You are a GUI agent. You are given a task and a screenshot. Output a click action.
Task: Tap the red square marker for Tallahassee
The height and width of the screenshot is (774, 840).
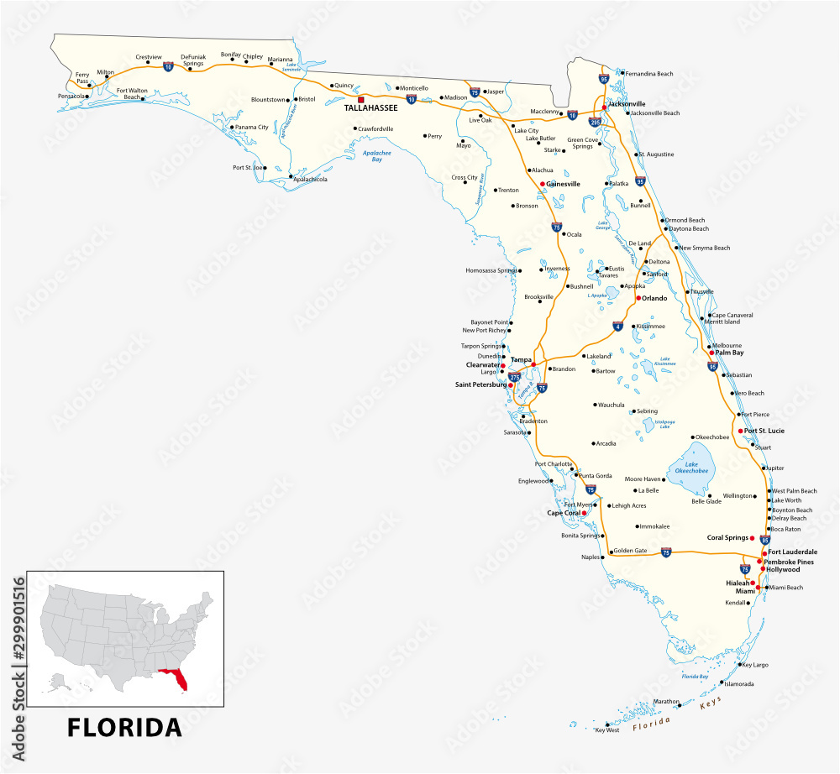pos(361,99)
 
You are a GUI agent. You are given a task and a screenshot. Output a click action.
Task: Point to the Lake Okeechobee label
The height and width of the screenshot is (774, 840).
pos(691,468)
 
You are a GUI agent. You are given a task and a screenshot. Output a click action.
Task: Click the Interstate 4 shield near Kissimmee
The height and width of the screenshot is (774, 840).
pos(617,327)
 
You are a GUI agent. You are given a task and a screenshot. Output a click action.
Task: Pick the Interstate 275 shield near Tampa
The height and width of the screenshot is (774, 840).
pos(514,378)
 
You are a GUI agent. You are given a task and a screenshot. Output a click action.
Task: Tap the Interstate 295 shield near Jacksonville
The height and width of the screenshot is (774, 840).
pos(594,122)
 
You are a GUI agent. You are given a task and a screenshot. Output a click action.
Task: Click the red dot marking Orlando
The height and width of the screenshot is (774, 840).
pos(638,298)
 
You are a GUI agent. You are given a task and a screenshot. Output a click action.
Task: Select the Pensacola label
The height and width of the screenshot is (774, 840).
pos(70,97)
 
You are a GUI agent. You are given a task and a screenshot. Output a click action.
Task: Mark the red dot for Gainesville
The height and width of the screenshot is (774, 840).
pos(543,183)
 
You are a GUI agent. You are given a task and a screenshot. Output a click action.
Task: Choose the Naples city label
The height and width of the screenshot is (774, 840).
pos(591,557)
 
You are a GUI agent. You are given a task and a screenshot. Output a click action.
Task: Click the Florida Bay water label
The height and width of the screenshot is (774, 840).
pos(696,677)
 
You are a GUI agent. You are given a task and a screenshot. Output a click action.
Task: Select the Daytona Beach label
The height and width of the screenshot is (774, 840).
pos(689,229)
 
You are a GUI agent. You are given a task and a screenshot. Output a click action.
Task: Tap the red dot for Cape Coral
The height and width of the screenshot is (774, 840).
pos(584,513)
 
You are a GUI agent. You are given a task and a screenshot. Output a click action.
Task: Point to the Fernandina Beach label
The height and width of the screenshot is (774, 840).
pos(649,74)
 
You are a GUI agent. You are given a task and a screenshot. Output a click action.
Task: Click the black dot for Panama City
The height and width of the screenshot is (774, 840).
pos(230,128)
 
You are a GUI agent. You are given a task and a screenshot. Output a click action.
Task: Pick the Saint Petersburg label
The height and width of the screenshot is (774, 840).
pos(480,384)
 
